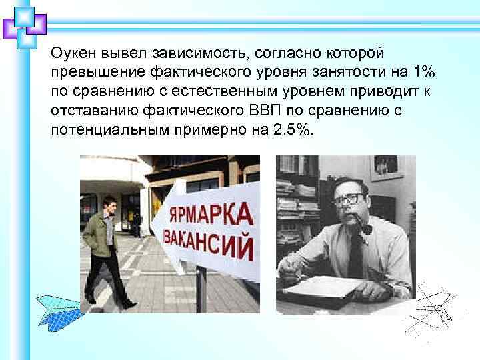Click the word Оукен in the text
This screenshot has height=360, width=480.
pos(72,52)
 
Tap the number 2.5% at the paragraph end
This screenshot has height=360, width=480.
pos(293,130)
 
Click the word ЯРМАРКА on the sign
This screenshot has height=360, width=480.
pos(209,215)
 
